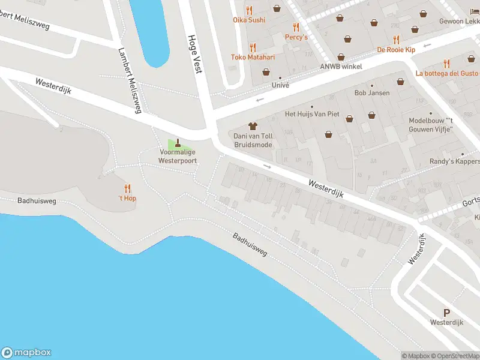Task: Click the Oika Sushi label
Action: point(248,20)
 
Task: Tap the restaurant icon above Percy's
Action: point(296,27)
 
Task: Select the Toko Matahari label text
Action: point(253,57)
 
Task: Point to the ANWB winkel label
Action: point(341,67)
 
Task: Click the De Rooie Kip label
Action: point(395,50)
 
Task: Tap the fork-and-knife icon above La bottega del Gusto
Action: point(446,63)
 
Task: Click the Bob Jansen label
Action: point(372,93)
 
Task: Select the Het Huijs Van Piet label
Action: point(312,114)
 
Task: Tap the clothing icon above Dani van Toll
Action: point(253,126)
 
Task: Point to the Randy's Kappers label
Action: point(455,161)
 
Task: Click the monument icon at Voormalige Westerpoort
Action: point(177,143)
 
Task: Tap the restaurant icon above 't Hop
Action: point(127,188)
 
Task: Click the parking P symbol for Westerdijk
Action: point(446,313)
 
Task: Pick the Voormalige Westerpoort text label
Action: point(177,157)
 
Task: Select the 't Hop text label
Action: point(127,198)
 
